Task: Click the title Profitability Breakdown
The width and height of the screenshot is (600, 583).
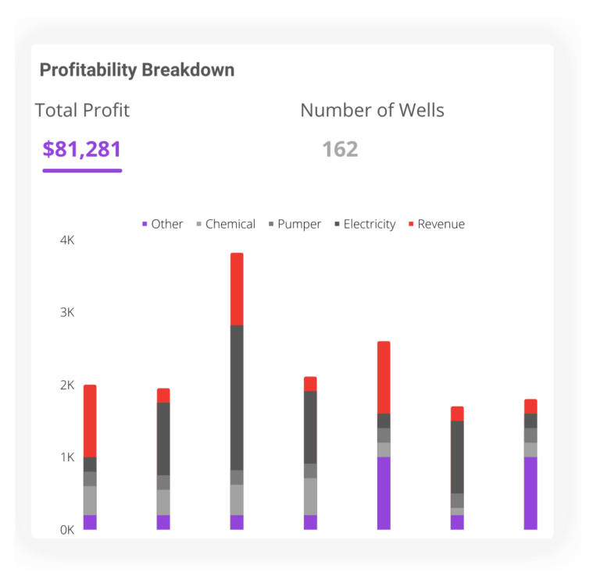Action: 137,70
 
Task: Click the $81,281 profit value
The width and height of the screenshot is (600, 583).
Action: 82,149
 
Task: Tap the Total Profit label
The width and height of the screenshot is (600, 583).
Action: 82,111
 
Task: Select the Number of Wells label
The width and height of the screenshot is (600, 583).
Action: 372,111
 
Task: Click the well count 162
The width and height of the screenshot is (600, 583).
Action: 340,149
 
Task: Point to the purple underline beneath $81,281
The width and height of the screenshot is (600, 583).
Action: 82,170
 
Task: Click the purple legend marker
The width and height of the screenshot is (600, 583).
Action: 145,224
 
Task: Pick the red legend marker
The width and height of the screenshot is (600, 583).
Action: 411,224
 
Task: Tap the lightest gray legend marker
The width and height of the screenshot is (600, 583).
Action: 198,224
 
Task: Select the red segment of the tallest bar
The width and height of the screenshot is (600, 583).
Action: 237,289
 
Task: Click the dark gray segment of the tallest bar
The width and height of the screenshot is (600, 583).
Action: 237,397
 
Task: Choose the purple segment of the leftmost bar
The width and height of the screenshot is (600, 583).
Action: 90,522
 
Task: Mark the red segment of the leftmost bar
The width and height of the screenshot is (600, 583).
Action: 90,420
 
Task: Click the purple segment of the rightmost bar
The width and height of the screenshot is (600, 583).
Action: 530,493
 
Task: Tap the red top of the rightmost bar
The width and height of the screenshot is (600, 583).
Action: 530,406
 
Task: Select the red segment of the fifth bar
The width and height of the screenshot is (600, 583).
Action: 384,376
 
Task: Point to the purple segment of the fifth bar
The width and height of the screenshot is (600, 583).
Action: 384,493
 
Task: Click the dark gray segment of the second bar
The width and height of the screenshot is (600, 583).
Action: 163,439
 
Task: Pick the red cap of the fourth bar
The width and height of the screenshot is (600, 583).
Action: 310,383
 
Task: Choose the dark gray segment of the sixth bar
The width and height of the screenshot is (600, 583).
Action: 457,457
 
